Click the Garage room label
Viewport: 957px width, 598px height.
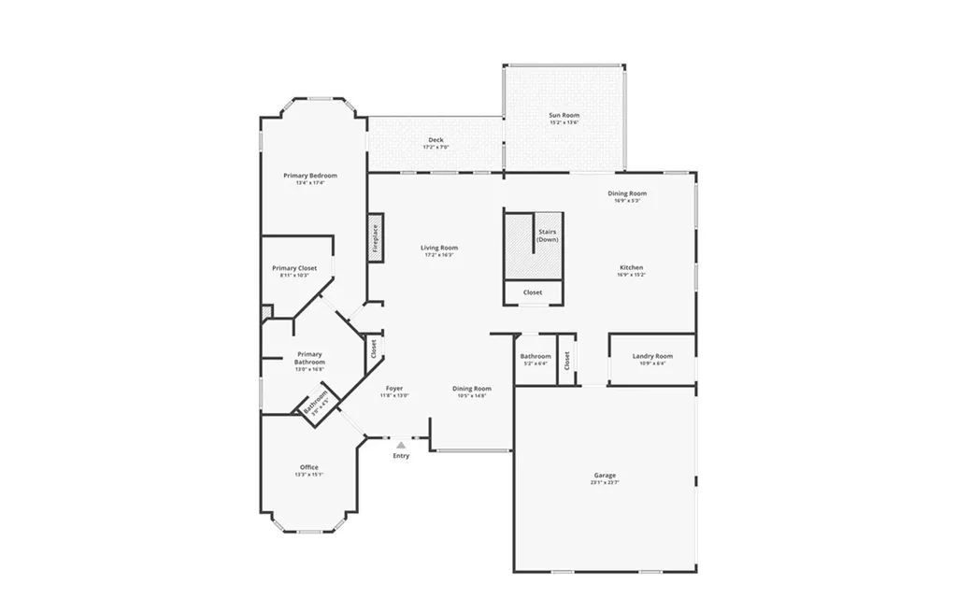605,476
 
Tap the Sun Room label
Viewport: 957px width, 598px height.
564,116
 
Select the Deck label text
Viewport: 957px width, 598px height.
436,140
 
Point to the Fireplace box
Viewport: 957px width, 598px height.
376,239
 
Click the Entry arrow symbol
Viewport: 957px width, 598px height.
401,445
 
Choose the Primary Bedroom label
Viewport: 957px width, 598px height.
310,176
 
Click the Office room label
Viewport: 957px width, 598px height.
309,467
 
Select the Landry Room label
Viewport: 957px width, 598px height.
652,356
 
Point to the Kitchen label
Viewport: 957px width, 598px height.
631,268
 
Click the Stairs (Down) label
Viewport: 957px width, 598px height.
548,235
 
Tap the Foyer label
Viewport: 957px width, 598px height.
394,388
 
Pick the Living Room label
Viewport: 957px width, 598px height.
439,248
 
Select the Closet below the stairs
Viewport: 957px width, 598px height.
533,292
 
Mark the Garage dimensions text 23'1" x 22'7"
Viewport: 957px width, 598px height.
605,483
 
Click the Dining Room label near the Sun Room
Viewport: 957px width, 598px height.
627,193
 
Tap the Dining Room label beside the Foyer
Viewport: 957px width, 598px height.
472,389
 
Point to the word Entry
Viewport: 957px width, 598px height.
401,456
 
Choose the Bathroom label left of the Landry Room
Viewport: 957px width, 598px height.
536,356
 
